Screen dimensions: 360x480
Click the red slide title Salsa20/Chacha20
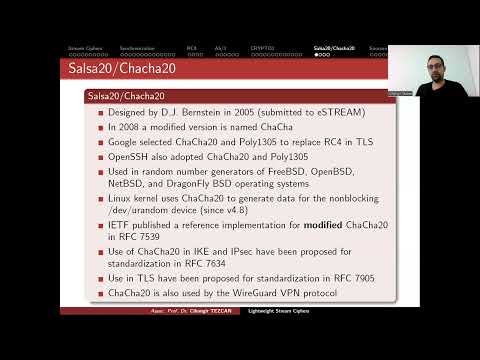click(x=109, y=70)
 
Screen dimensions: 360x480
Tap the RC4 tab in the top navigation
click(x=191, y=47)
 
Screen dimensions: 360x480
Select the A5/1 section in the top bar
click(x=220, y=47)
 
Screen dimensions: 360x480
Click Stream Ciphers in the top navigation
click(x=83, y=47)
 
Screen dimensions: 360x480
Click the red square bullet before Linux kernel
click(x=101, y=198)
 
